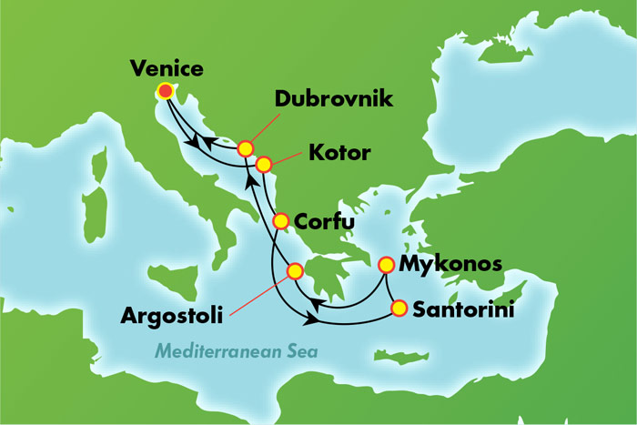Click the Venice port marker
pos(165,90)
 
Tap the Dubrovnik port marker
pos(245,147)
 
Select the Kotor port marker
pos(264,165)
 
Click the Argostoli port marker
pos(295,271)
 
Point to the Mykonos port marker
pos(386,265)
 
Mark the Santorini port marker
pos(399,309)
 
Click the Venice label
pos(167,68)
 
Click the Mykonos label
pos(452,265)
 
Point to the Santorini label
pos(463,309)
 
